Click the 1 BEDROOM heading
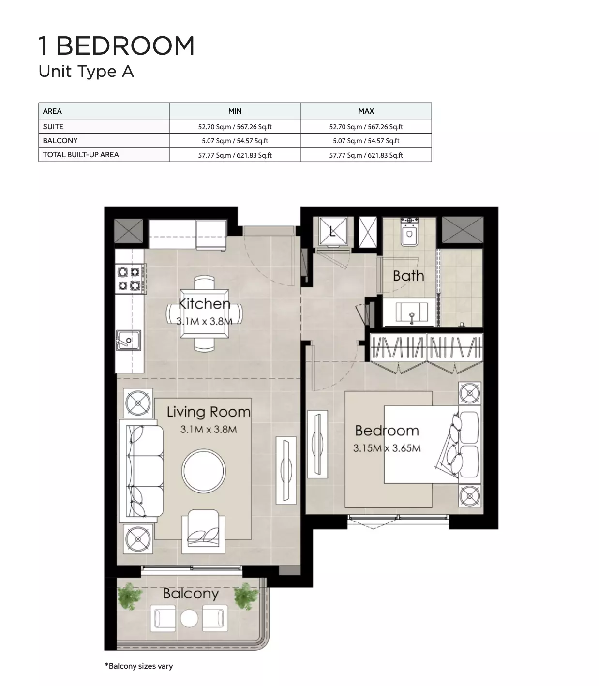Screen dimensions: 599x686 tap(116, 45)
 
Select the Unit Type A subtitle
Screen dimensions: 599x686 tap(86, 72)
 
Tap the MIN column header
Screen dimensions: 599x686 tap(235, 111)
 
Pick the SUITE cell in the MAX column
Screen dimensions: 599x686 tap(366, 127)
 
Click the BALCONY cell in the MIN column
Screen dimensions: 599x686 tap(235, 141)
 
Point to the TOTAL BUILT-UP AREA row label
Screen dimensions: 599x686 tap(81, 155)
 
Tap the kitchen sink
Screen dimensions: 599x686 tap(128, 340)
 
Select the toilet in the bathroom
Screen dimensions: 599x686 tap(409, 231)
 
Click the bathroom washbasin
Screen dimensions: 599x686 tap(412, 313)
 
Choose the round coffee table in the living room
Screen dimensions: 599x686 tap(204, 471)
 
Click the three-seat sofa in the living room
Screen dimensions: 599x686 tap(142, 471)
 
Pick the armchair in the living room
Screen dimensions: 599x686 tap(204, 531)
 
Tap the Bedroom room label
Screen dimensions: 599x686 tap(387, 431)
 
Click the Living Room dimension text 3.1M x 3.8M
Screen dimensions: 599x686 tap(209, 429)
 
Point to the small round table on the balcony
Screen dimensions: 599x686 tap(189, 619)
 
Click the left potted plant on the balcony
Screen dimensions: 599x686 tap(130, 597)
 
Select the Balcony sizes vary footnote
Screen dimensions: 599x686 tap(139, 666)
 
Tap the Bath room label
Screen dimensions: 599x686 tap(408, 276)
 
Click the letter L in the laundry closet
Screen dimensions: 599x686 tap(332, 231)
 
